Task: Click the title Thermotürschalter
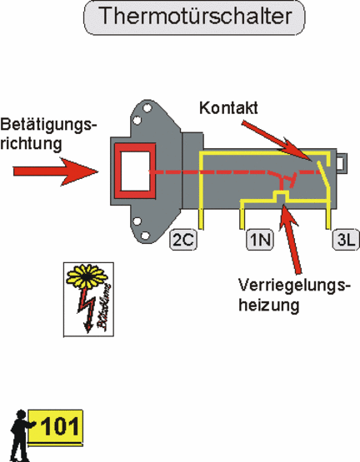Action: [x=194, y=16]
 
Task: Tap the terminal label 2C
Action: [x=183, y=240]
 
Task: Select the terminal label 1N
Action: [x=260, y=240]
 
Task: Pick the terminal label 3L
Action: [x=346, y=240]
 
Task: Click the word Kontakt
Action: [x=228, y=108]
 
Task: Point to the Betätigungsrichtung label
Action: [x=48, y=134]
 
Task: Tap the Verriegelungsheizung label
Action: [x=294, y=295]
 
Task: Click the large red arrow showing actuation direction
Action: [x=56, y=171]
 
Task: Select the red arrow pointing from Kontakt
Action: [x=277, y=141]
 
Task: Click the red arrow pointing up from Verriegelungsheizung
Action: [x=292, y=238]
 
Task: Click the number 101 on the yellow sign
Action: [x=60, y=426]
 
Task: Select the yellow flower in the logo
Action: [x=87, y=276]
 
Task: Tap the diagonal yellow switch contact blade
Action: [x=323, y=173]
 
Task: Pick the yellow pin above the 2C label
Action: [x=201, y=219]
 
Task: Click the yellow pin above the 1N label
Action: [x=242, y=215]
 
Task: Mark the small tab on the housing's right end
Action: [x=342, y=163]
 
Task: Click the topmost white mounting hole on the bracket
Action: [x=147, y=108]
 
